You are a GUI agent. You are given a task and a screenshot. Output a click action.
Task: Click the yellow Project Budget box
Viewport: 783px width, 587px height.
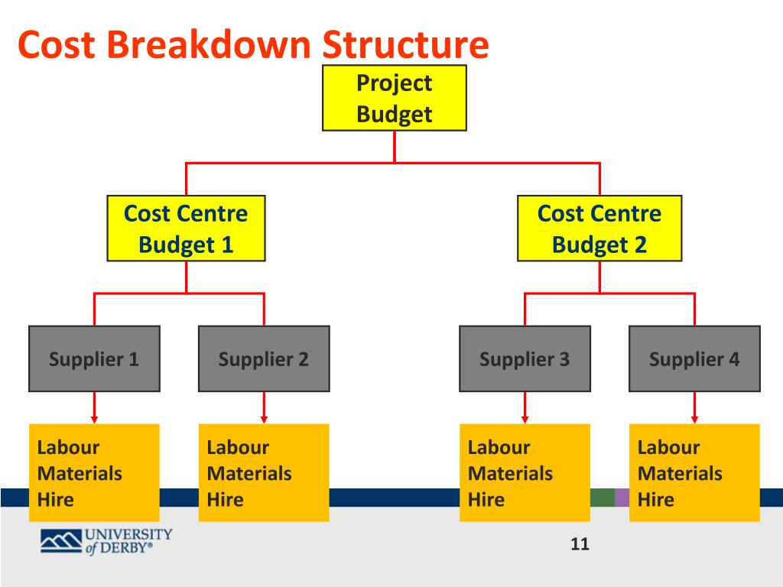394,98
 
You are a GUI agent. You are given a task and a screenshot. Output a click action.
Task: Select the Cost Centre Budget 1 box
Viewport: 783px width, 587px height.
186,228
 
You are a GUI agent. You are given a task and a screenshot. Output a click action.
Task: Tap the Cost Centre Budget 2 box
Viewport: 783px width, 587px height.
599,228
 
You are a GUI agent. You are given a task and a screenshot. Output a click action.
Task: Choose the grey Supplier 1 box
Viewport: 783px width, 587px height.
94,358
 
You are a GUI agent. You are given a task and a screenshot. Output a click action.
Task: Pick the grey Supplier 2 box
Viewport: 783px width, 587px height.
264,358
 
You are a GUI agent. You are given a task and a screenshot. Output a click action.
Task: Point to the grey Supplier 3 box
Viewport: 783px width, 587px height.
525,358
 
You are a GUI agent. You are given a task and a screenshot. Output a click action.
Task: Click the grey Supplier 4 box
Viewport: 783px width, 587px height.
694,358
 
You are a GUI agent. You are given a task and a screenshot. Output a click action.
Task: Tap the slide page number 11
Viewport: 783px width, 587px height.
580,544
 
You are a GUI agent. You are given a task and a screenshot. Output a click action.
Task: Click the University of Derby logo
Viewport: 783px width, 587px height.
106,540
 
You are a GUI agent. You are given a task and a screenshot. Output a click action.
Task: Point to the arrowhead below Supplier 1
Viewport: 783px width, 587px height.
94,419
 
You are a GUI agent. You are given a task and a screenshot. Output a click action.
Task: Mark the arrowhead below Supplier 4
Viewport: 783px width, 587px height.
694,419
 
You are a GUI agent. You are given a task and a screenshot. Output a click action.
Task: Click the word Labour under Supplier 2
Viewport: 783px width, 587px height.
238,448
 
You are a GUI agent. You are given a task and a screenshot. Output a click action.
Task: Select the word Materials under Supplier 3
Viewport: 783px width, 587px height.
510,474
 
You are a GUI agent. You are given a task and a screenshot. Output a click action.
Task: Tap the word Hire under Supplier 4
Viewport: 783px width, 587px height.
655,500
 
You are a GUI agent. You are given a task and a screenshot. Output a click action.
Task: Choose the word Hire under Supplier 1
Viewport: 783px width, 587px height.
55,500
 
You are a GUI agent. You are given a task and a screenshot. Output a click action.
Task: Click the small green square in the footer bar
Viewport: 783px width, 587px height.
603,498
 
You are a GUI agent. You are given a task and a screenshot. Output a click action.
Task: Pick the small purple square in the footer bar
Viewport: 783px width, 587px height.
622,498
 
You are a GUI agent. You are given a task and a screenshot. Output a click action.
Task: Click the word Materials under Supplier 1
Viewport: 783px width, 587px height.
80,474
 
